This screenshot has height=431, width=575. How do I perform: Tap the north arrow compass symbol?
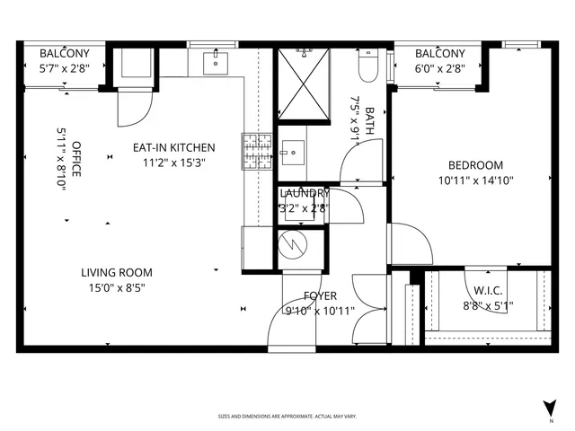click(548, 408)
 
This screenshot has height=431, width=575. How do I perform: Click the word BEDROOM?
click(476, 165)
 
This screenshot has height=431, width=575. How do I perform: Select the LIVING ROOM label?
click(117, 273)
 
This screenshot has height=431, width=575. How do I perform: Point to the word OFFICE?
click(77, 159)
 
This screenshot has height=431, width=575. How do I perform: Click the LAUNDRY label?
click(305, 193)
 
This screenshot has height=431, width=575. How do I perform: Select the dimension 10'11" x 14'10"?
click(476, 180)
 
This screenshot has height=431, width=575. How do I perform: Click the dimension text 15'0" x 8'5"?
click(117, 288)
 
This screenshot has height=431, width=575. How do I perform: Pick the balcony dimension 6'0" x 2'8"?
click(440, 67)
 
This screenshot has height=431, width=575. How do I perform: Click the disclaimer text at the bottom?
click(287, 417)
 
